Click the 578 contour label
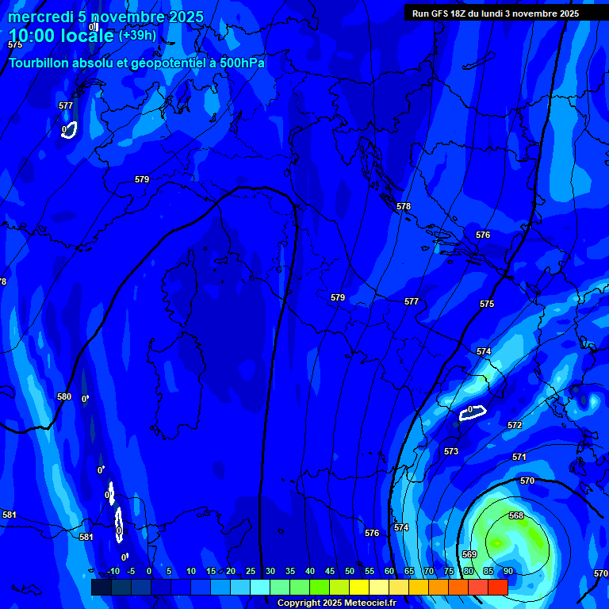(404, 206)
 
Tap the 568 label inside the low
(516, 515)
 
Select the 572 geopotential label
(515, 426)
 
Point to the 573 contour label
(451, 451)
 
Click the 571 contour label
(519, 458)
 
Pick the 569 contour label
(469, 554)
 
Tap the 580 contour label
(64, 396)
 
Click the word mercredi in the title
(40, 17)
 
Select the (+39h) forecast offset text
(137, 36)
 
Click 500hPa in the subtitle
(242, 63)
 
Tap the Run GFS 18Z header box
(496, 13)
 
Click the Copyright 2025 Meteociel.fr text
(337, 603)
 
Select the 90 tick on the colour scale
(507, 571)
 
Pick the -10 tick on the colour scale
(113, 571)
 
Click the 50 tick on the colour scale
(350, 571)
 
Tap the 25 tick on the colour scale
(251, 571)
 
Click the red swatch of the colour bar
(498, 587)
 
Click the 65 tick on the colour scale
(409, 571)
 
